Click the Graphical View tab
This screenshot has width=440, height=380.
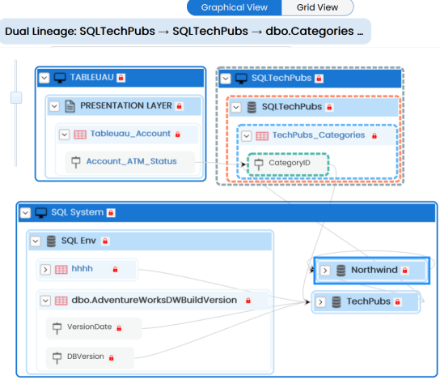[234, 7]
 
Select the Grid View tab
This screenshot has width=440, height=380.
[317, 7]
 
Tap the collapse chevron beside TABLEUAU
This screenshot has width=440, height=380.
[44, 78]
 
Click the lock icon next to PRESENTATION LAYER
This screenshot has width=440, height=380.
[179, 106]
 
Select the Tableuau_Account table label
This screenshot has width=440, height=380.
[130, 134]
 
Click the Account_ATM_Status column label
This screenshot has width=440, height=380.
[131, 161]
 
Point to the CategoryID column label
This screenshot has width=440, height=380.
[290, 163]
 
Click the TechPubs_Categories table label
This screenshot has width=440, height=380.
[319, 135]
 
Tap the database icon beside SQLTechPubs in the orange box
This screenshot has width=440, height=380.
[252, 108]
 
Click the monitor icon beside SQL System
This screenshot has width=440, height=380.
[41, 213]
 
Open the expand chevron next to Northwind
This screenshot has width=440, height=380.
[325, 271]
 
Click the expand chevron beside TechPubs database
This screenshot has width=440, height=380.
[321, 302]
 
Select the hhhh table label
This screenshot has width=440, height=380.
[82, 269]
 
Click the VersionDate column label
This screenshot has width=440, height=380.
[89, 327]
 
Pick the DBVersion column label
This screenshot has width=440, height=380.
[85, 357]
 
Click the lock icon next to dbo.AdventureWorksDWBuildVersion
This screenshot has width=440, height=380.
[248, 301]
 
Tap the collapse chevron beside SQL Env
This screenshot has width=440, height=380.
[36, 241]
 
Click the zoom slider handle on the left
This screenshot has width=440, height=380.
[16, 97]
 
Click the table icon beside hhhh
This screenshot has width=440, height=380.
[61, 270]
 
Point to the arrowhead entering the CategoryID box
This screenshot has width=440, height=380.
[243, 164]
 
